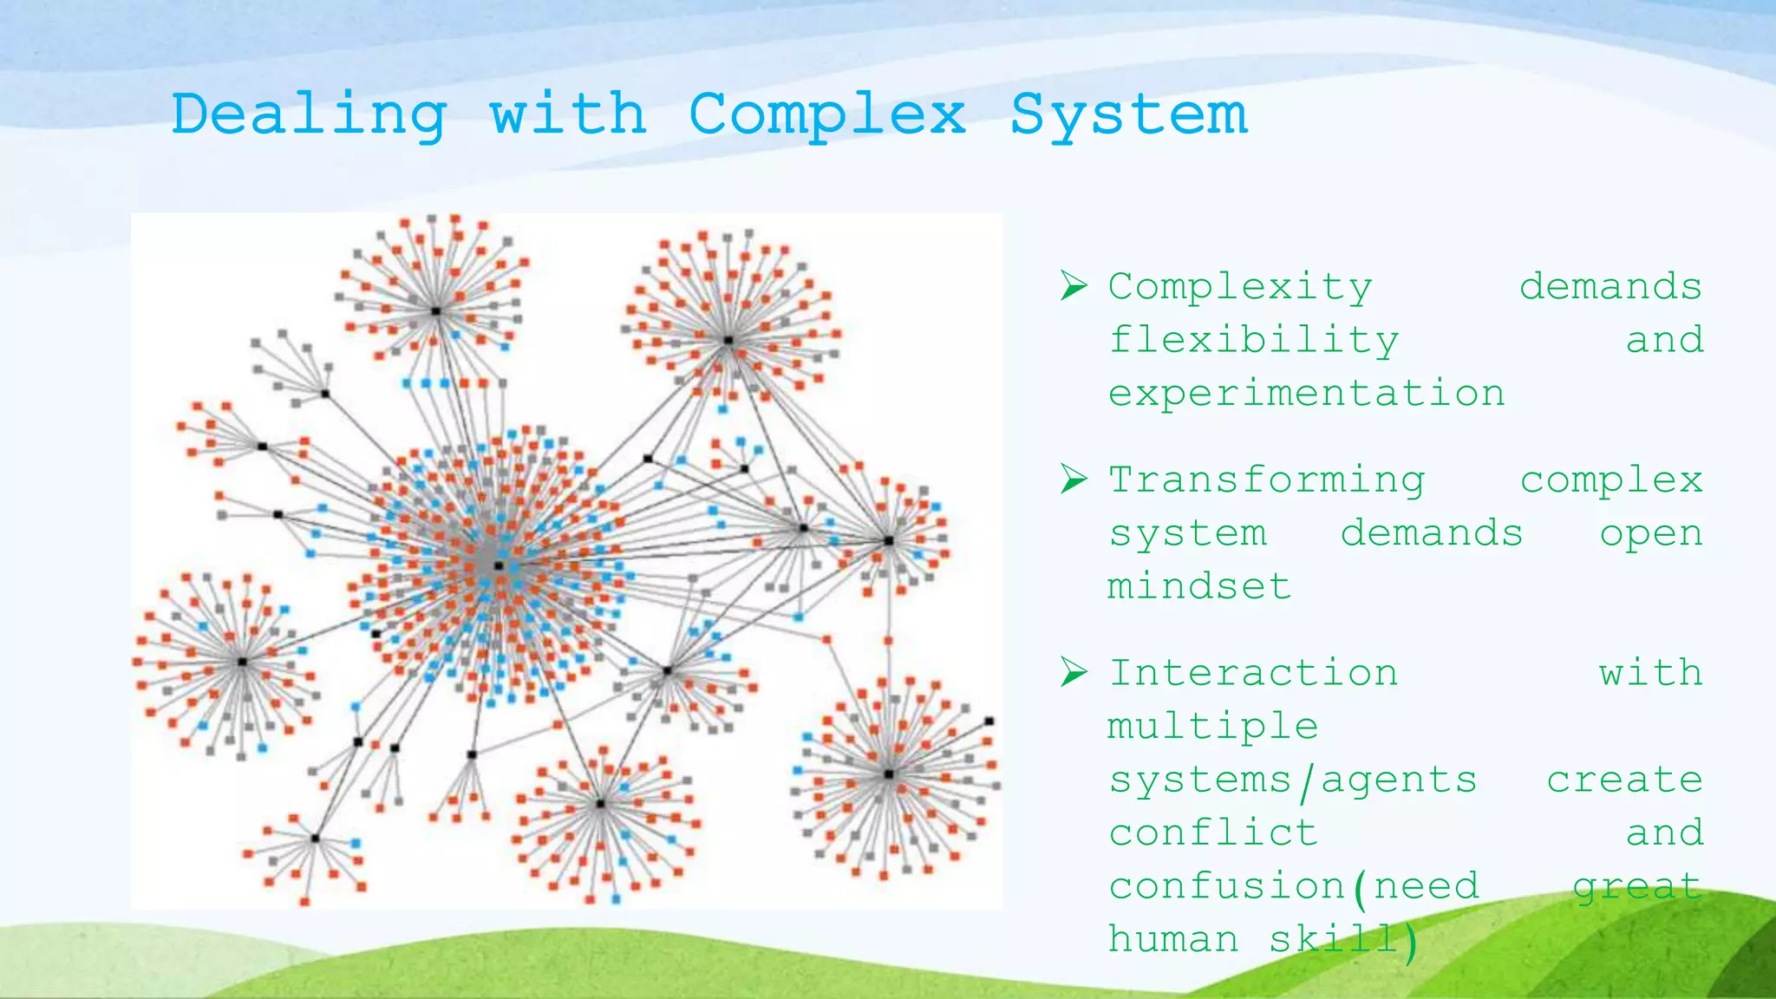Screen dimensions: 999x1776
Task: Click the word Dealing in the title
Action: pos(309,115)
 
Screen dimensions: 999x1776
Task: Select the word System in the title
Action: pos(1128,115)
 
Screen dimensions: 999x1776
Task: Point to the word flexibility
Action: pos(1254,340)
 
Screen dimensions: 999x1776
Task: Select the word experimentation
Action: pos(1306,394)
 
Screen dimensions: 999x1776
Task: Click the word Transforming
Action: pos(1266,480)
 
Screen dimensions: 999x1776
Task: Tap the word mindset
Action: pos(1199,586)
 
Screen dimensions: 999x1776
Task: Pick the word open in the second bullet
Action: pos(1651,533)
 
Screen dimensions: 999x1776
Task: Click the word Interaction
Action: pos(1253,673)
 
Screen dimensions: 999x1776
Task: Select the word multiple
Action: pos(1212,727)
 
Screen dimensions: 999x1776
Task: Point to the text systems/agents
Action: pos(1292,780)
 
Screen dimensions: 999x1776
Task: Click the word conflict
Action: pos(1212,832)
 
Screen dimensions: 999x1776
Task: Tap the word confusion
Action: pos(1226,886)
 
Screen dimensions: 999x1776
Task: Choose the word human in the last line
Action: pos(1173,939)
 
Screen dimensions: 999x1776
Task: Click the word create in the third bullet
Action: pos(1624,780)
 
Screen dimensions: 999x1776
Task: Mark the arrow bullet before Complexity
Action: pos(1074,285)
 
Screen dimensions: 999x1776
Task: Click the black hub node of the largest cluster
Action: pos(499,565)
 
